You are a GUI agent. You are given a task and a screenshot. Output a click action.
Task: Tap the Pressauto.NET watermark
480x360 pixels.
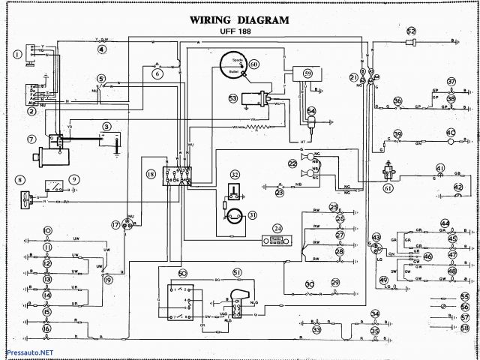28,352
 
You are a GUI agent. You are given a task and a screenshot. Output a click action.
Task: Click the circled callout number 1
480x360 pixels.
16,54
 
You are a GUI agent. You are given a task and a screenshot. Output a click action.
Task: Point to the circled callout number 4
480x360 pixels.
101,49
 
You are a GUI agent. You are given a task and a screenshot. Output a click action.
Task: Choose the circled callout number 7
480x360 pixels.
31,139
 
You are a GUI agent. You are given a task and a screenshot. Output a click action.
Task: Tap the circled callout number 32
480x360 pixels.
235,174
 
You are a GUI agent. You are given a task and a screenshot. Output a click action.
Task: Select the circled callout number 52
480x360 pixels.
411,31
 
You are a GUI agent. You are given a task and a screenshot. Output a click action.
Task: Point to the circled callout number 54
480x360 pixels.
310,112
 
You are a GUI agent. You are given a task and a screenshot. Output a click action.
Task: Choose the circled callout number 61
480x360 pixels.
388,187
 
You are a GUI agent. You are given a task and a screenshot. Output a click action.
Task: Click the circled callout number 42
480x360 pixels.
458,186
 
